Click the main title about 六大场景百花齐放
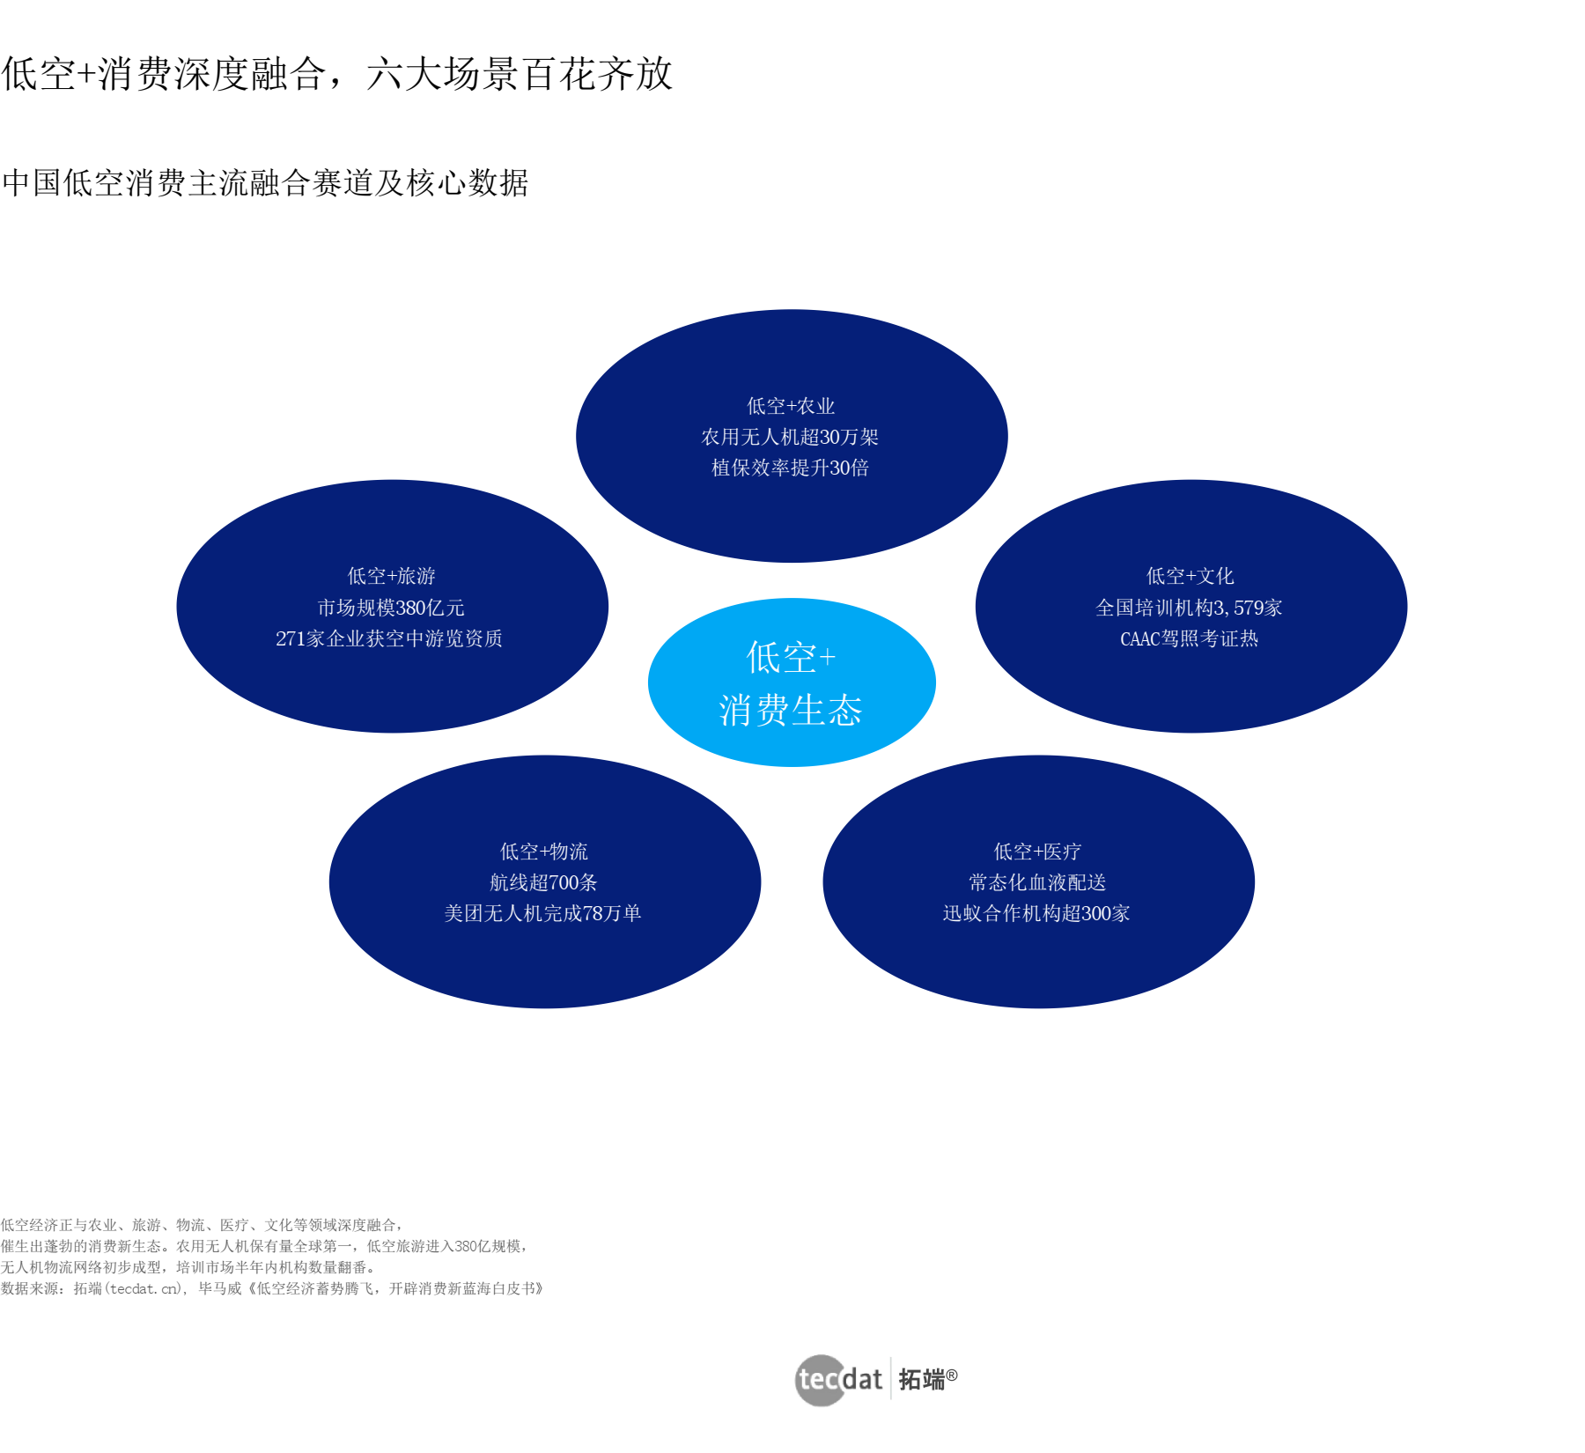coord(336,74)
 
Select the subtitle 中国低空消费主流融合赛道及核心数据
coord(265,183)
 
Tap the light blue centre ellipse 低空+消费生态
coord(791,682)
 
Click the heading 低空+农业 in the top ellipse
coord(791,406)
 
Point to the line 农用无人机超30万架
coord(790,437)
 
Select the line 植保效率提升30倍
coord(790,468)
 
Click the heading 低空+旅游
coord(391,576)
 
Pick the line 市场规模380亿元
coord(391,608)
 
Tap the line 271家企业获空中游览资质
coord(389,638)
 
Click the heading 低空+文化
coord(1190,576)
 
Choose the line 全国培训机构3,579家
coord(1189,608)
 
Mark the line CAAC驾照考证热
coord(1189,638)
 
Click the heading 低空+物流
coord(544,852)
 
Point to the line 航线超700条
coord(543,882)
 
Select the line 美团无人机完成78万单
coord(542,913)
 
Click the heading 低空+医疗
coord(1037,852)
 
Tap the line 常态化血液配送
coord(1037,882)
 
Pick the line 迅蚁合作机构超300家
coord(1036,913)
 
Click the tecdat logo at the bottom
coord(875,1379)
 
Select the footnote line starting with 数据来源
coord(272,1288)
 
